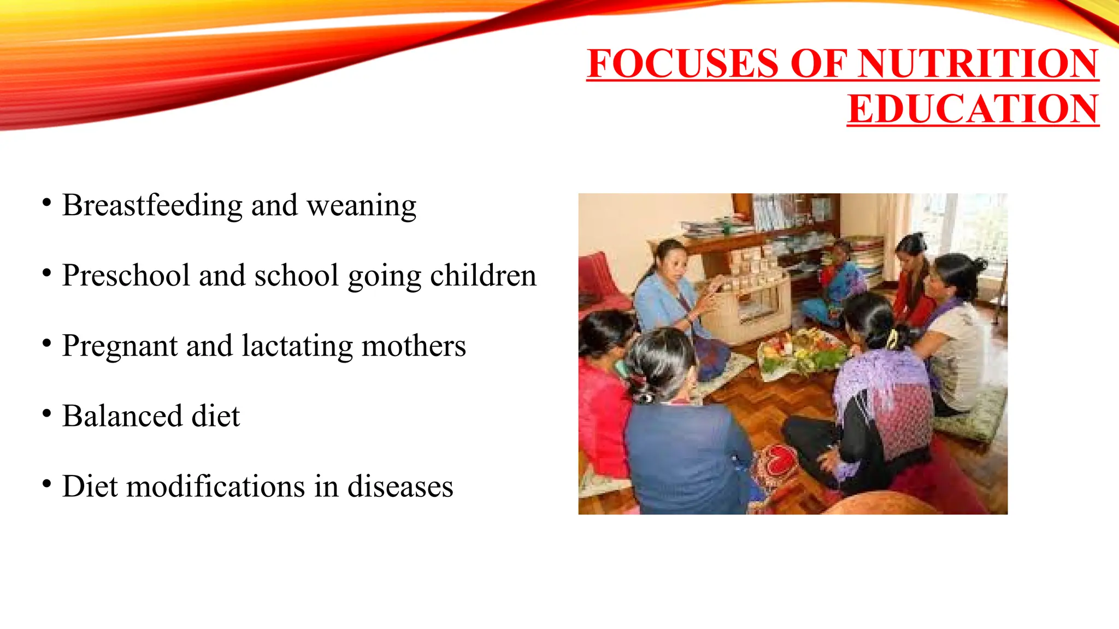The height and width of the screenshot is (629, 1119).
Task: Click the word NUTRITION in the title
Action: (x=978, y=64)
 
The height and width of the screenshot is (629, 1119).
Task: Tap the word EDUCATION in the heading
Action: (x=973, y=109)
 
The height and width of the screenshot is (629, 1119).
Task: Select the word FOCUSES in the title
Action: (x=683, y=64)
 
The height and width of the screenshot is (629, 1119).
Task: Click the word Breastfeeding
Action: (x=152, y=206)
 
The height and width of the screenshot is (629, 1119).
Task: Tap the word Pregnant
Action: (x=120, y=347)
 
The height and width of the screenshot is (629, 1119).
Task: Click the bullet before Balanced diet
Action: (x=47, y=414)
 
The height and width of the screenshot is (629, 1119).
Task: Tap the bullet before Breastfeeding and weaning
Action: (x=47, y=203)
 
